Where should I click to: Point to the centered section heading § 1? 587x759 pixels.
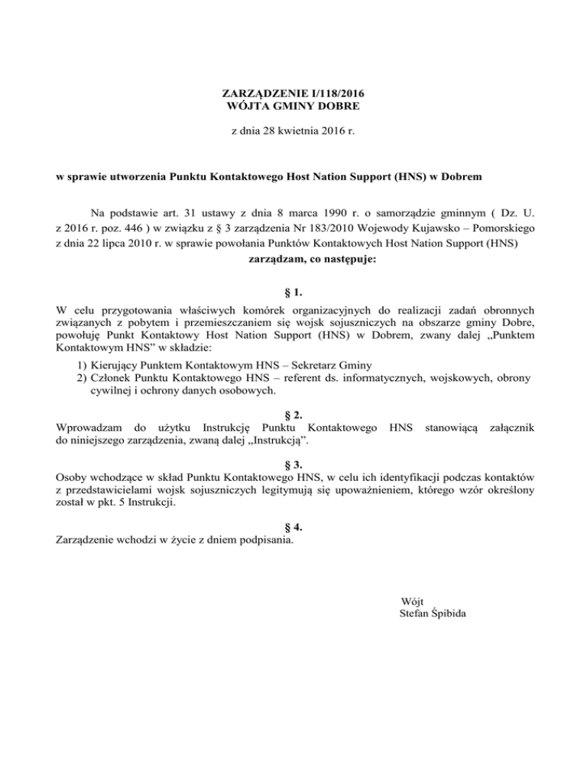click(293, 292)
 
